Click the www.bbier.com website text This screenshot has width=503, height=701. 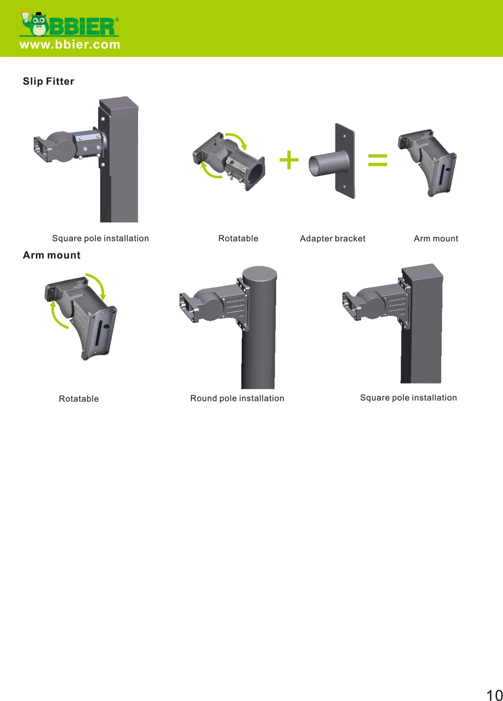pyautogui.click(x=70, y=45)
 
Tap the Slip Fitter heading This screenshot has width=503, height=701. pyautogui.click(x=48, y=81)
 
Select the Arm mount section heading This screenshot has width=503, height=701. pyautogui.click(x=52, y=255)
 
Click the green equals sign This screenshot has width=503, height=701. pyautogui.click(x=378, y=160)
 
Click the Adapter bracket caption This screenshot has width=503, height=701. pyautogui.click(x=333, y=238)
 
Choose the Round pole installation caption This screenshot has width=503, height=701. pyautogui.click(x=237, y=398)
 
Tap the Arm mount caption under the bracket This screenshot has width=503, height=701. pyautogui.click(x=436, y=238)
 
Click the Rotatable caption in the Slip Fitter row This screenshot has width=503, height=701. pyautogui.click(x=238, y=238)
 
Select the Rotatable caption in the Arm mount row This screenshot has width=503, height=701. pyautogui.click(x=79, y=399)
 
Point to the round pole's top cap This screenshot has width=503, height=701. pyautogui.click(x=260, y=274)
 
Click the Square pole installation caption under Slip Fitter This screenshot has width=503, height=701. pyautogui.click(x=101, y=238)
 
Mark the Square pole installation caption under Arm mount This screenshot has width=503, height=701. pyautogui.click(x=408, y=398)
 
